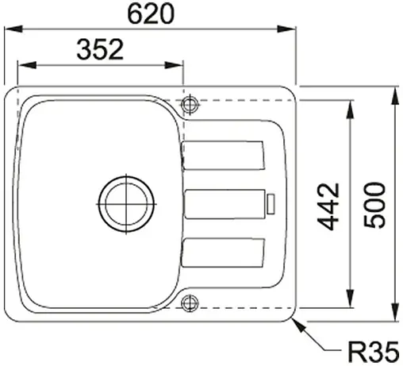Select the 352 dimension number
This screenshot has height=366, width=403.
(101, 50)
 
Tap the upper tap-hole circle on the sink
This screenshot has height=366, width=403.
(190, 105)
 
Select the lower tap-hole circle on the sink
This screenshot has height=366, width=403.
(190, 302)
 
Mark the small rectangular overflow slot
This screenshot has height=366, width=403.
(271, 204)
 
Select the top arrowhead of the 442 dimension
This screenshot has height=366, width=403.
(350, 106)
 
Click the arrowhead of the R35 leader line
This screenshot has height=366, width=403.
(295, 320)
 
